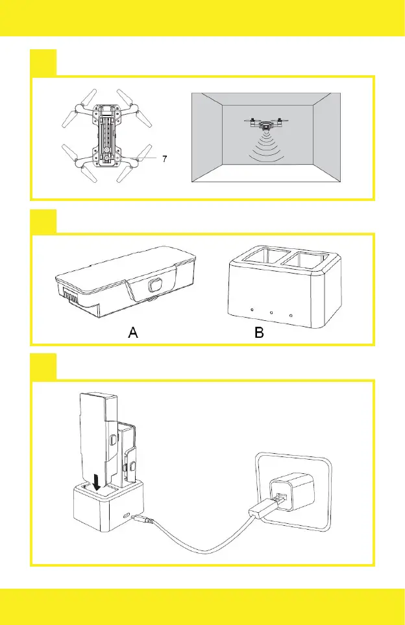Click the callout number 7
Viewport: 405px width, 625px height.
tap(166, 159)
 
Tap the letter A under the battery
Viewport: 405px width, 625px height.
tap(132, 333)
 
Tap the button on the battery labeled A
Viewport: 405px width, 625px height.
tap(154, 286)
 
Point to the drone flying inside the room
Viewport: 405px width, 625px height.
tap(265, 123)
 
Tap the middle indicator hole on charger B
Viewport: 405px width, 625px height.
tap(271, 312)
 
